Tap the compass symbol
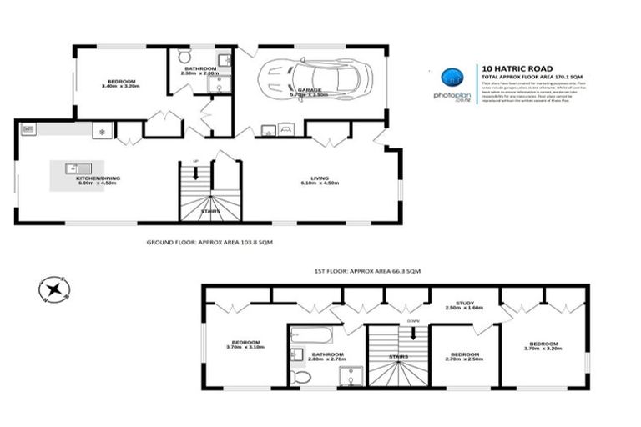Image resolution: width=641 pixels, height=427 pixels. tap(54, 289)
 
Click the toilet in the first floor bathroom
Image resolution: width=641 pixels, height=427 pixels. tap(302, 377)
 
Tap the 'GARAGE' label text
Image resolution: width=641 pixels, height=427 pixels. tap(310, 89)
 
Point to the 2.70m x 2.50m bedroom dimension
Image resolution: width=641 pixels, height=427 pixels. tap(464, 359)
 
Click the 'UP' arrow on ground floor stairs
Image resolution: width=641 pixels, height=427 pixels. tap(197, 173)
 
